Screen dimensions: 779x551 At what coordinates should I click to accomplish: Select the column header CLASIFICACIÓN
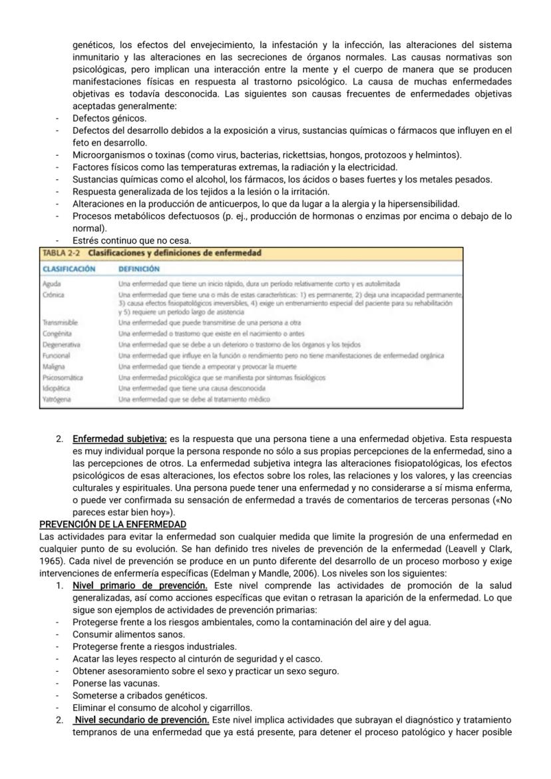coord(69,269)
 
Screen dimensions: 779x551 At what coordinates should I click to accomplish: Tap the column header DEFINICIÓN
coord(138,269)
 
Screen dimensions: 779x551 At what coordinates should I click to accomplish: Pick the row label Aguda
coord(52,284)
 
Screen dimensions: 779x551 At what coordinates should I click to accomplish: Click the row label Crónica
coord(53,294)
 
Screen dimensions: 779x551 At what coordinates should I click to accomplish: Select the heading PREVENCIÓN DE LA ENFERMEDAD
coord(112,524)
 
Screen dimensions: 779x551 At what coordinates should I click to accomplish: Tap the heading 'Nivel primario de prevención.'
coord(140,585)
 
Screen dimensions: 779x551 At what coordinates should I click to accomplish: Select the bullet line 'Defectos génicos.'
coord(109,118)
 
